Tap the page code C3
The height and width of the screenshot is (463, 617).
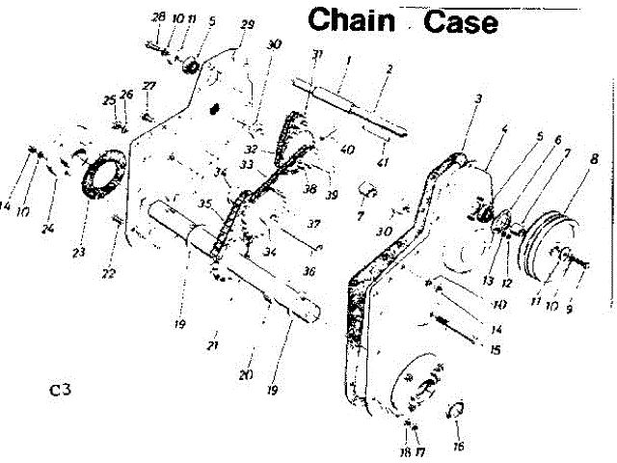[x=62, y=391]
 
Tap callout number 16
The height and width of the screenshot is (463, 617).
[x=459, y=447]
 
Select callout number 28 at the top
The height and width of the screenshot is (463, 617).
[x=159, y=18]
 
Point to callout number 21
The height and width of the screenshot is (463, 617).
[x=214, y=344]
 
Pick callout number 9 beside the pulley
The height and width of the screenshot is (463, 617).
[x=580, y=311]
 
